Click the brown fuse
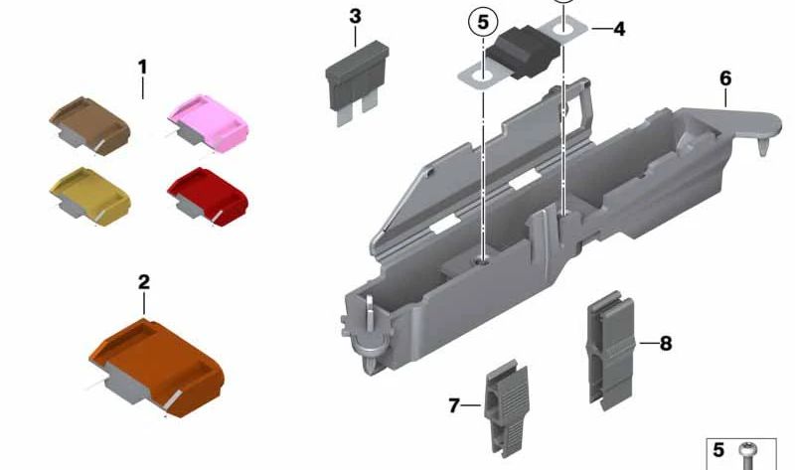coord(89,125)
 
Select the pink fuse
coord(208,122)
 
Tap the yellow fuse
coord(89,196)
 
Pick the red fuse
coord(208,197)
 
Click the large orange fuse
coord(156,368)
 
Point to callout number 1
coord(142,67)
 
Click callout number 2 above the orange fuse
coord(144,282)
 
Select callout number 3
coord(356,16)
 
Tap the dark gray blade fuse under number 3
coord(357,82)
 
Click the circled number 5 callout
coord(483,22)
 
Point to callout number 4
coord(619,29)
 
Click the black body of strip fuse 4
coord(523,53)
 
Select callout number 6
coord(725,78)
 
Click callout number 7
coord(454,405)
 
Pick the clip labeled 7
coord(507,408)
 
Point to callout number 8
coord(666,344)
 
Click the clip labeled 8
coord(611,350)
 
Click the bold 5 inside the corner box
coord(718,450)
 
